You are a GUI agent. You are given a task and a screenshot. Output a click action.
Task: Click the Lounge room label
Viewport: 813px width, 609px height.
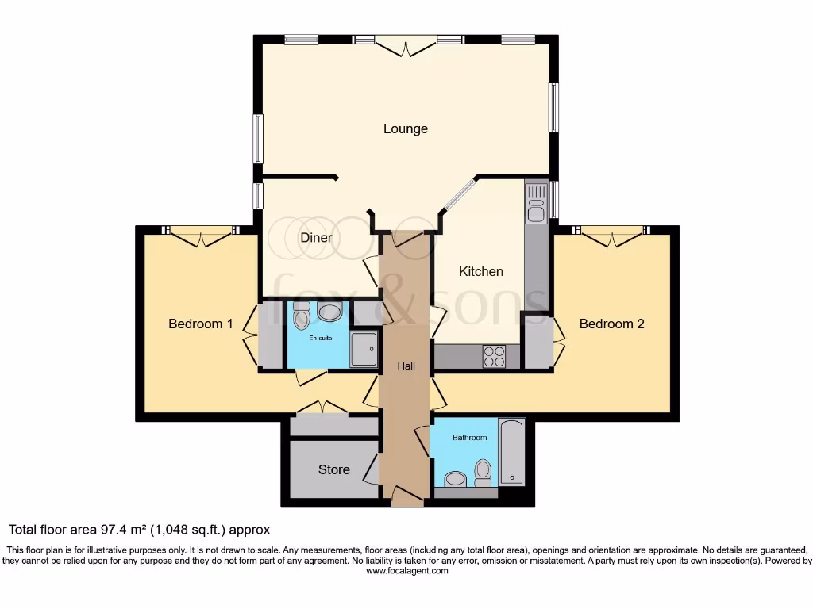click(405, 128)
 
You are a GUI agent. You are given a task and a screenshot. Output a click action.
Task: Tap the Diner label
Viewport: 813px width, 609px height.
click(316, 237)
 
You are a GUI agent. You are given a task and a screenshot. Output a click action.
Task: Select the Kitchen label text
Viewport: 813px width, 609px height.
click(481, 271)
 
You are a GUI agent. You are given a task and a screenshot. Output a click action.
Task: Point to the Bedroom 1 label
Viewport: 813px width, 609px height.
click(201, 324)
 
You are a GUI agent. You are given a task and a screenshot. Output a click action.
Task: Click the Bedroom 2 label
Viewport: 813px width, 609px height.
click(611, 324)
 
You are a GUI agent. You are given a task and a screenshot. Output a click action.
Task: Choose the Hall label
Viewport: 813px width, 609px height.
click(406, 366)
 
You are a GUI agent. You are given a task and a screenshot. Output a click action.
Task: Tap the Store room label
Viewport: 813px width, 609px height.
click(333, 469)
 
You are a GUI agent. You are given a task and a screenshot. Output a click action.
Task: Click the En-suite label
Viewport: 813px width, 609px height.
click(320, 338)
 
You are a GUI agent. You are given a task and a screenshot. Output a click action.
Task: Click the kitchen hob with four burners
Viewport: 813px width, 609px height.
click(494, 357)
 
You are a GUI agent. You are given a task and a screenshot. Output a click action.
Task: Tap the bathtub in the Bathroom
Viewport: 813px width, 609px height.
click(511, 451)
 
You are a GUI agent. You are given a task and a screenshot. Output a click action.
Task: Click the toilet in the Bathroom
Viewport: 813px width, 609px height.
click(482, 472)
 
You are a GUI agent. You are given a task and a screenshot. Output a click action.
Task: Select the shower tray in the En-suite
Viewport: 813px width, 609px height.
click(364, 350)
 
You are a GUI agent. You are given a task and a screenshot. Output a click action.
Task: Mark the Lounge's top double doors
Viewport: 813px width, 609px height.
click(406, 46)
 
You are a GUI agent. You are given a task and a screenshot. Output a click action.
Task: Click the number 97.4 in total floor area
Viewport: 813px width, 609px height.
click(115, 530)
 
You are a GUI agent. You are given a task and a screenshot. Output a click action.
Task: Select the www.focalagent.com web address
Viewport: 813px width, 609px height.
click(406, 570)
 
